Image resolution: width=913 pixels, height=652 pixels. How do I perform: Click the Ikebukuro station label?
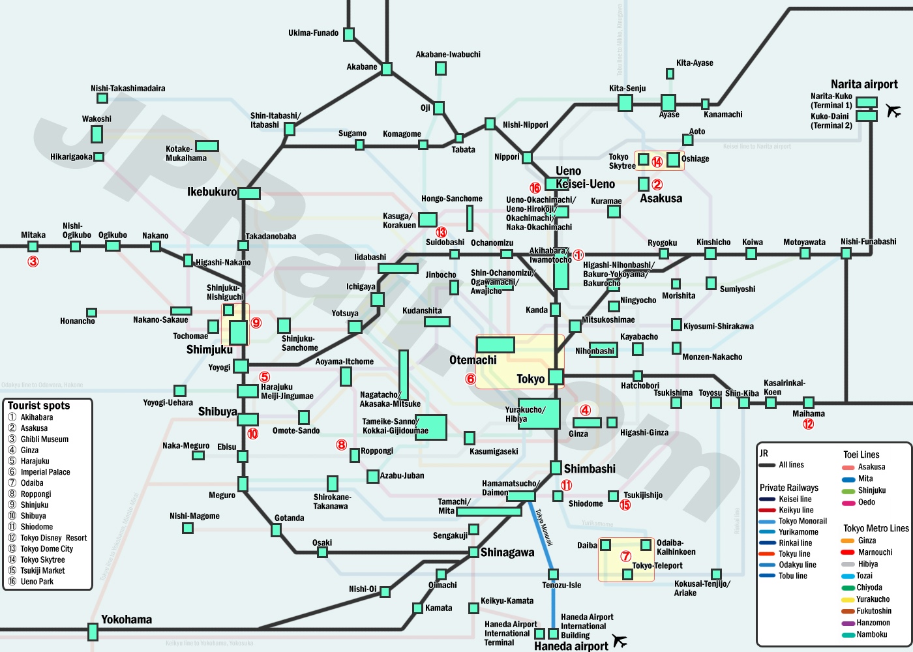212,192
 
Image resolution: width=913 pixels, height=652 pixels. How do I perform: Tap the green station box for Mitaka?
33,246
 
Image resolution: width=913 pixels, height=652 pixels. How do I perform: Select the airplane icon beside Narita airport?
893,111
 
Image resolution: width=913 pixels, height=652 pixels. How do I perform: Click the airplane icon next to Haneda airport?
620,642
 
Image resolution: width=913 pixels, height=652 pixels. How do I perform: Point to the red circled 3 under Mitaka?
33,262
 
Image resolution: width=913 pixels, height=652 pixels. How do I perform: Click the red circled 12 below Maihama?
809,424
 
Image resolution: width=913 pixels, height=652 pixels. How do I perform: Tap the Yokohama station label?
127,619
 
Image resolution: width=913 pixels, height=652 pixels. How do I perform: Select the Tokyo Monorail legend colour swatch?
767,522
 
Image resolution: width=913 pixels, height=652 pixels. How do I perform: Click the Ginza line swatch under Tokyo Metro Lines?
848,541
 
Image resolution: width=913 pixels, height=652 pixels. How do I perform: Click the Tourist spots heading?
38,406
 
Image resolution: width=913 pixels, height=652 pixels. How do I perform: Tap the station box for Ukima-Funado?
349,34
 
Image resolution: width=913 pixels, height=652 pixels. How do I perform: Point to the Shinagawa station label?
507,553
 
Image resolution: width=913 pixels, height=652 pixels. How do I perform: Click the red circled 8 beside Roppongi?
342,445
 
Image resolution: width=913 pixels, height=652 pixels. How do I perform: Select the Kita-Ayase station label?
695,63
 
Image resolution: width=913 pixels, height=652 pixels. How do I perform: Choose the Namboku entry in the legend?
871,634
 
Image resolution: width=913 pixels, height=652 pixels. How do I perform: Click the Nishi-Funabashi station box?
846,253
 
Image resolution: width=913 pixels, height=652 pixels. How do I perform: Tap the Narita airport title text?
864,84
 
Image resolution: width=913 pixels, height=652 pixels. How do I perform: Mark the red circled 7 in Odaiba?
626,557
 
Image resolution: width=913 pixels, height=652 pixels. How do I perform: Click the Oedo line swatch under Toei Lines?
848,503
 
